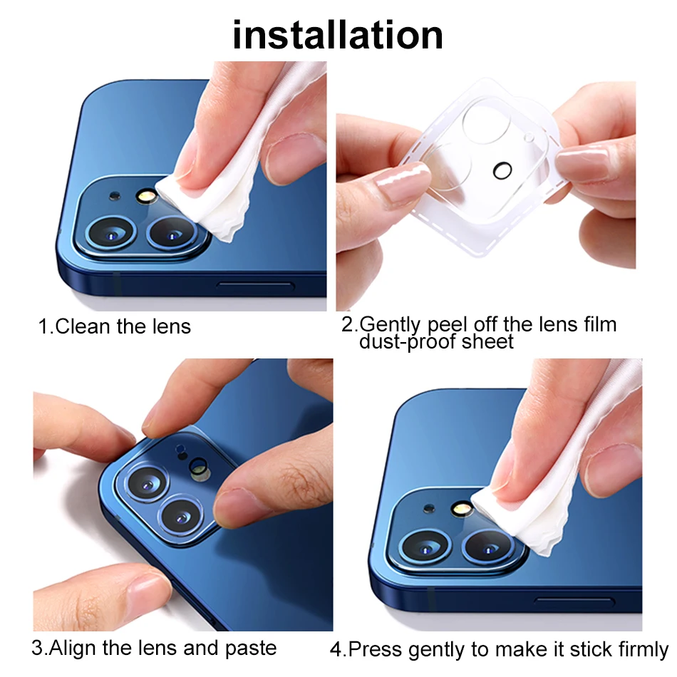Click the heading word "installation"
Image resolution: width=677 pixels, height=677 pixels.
pos(338,35)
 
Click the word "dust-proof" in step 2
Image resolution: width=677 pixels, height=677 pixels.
pos(407,342)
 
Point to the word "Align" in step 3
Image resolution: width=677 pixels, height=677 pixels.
pos(73,648)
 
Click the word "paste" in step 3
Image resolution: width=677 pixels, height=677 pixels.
pos(251,648)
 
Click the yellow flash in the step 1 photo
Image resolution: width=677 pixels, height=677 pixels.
pos(147,196)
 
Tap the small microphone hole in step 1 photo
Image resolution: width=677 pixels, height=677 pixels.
pos(115,196)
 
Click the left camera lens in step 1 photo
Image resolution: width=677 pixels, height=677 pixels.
pos(111,233)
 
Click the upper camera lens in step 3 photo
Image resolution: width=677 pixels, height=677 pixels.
pos(147,484)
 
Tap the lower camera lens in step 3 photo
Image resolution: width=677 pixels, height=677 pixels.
pos(181,517)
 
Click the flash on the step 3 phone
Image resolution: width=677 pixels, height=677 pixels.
pos(199,468)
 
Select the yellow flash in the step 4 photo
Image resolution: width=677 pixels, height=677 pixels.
pos(460,509)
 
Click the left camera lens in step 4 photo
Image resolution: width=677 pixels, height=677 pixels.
pos(425,547)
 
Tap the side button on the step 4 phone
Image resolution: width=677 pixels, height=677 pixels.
pos(574,601)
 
